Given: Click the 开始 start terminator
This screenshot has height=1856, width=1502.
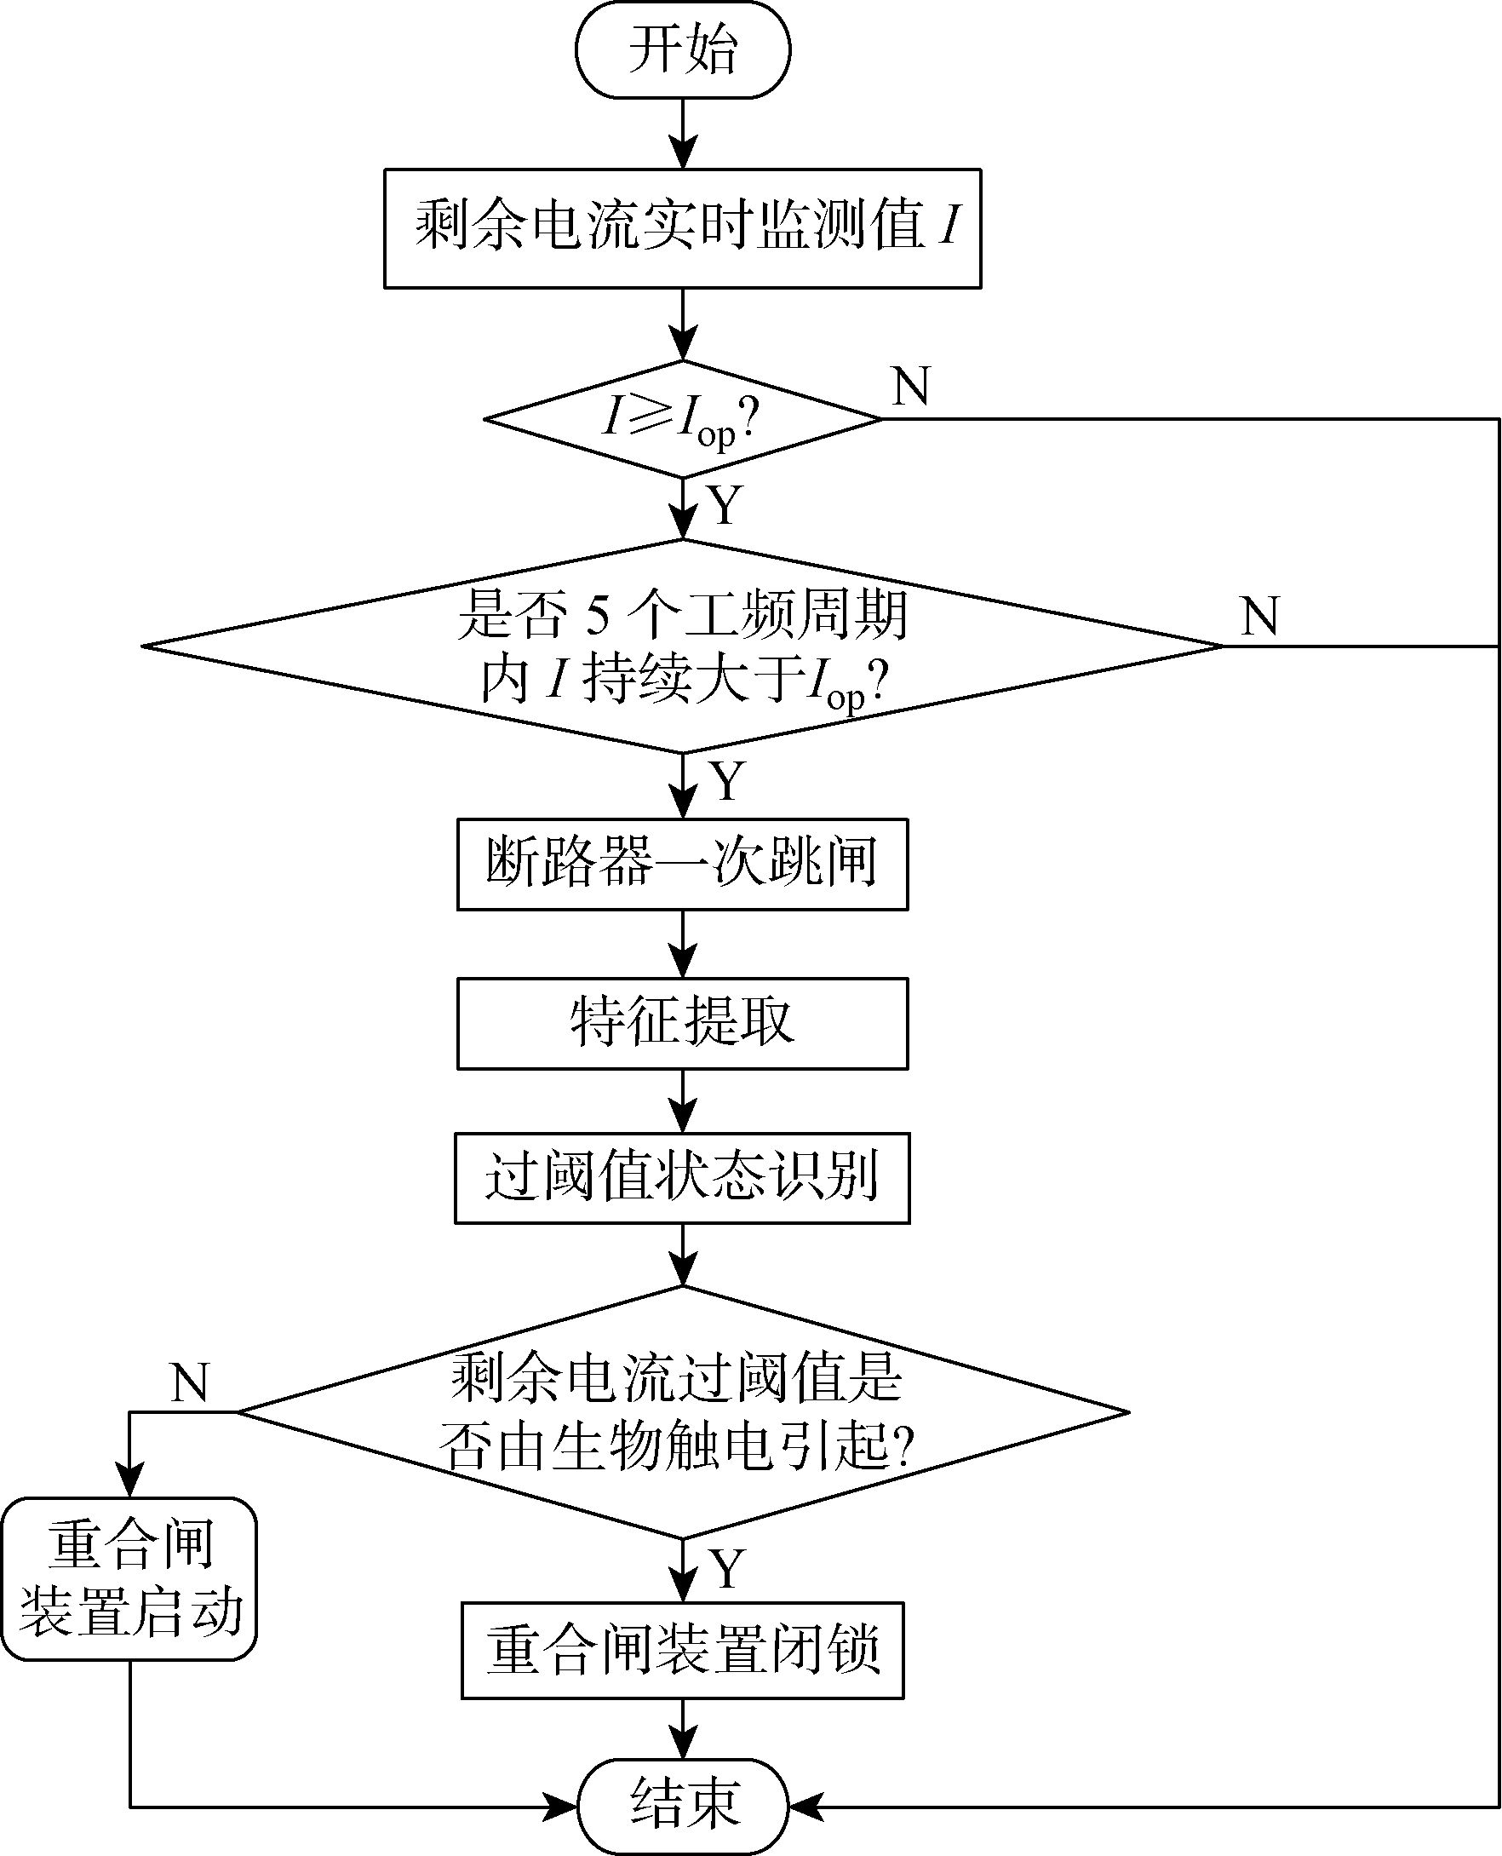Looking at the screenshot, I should pos(683,49).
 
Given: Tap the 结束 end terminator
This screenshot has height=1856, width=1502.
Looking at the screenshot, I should pos(683,1806).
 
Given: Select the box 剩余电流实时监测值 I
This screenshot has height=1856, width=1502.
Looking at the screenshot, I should pos(683,227).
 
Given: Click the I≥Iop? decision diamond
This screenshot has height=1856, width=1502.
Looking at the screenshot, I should pos(683,419).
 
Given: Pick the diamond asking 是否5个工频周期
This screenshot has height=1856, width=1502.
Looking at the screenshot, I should pos(683,646).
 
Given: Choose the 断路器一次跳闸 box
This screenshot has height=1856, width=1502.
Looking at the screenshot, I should pos(683,864).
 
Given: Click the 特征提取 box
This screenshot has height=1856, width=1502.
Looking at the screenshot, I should pos(683,1023).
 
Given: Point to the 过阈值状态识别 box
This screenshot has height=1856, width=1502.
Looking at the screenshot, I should pos(683,1177).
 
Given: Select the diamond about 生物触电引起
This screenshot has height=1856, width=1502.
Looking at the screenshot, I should pos(683,1412).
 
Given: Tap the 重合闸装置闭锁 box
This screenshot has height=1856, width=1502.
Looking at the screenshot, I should pos(683,1650).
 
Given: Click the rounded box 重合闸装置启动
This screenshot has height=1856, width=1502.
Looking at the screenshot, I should pos(129,1578).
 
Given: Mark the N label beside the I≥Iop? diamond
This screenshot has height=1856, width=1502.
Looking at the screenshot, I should pos(911,386).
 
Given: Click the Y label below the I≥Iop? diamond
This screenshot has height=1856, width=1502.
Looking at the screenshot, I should pos(725,505).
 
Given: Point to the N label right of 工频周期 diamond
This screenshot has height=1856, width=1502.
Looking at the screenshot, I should pos(1258,616).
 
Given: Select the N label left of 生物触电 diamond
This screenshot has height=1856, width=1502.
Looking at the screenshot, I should pos(190,1382).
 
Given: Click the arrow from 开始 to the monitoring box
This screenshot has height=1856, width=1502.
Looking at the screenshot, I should pos(683,134).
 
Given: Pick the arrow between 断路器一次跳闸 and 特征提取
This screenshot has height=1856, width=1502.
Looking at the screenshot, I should pos(683,945).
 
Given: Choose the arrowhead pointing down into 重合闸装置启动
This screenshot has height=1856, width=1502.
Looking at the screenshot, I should pos(129,1480).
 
